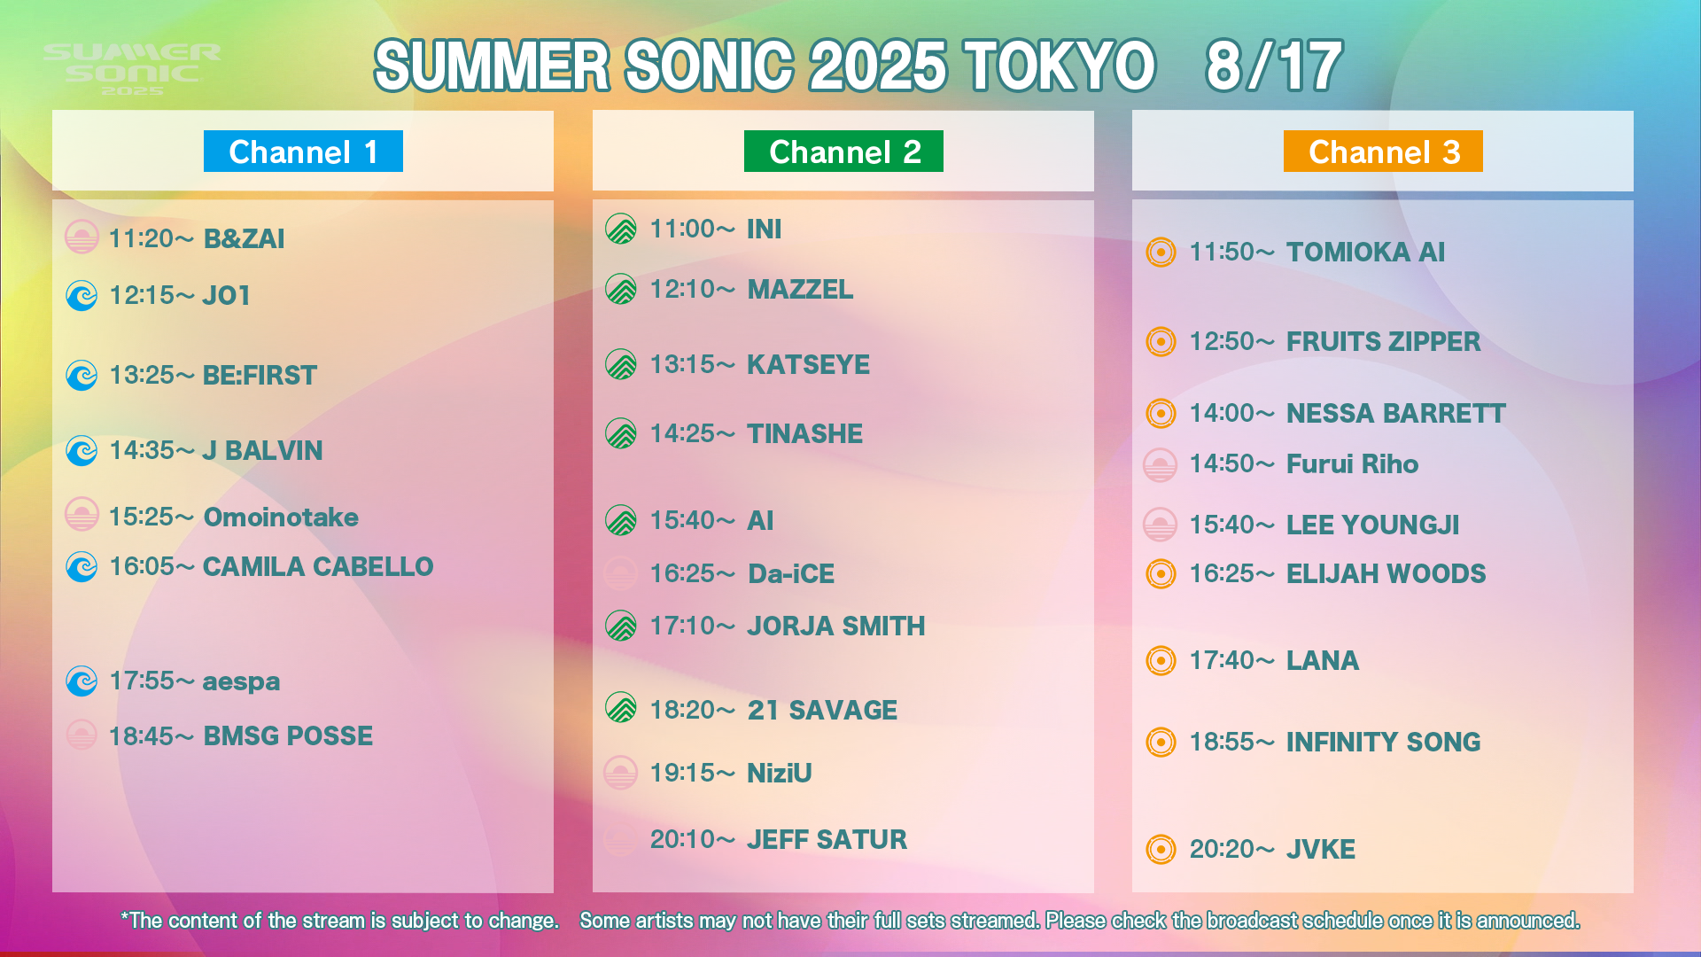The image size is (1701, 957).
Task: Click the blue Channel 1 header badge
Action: tap(303, 152)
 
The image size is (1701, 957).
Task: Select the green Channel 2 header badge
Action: tap(843, 152)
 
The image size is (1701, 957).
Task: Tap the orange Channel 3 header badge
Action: tap(1383, 152)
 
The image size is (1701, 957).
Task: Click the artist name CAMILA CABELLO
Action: tap(318, 566)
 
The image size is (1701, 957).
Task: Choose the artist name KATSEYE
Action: tap(808, 364)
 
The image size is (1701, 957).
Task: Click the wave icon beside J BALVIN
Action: tap(82, 450)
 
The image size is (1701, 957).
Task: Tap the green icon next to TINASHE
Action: tap(621, 433)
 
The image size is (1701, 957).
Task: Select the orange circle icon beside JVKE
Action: tap(1161, 849)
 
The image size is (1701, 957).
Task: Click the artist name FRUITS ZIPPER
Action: tap(1383, 341)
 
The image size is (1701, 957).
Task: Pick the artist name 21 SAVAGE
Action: tap(822, 710)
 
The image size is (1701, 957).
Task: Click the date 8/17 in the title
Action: tap(1274, 66)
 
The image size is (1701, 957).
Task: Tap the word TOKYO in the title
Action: tap(1060, 66)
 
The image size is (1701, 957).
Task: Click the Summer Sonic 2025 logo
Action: tap(132, 70)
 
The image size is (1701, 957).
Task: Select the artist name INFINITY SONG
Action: tap(1383, 742)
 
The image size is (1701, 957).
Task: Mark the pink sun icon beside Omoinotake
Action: tap(82, 514)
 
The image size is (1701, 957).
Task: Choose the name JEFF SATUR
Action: tap(827, 839)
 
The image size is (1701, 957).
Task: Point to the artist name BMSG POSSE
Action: tap(288, 735)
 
